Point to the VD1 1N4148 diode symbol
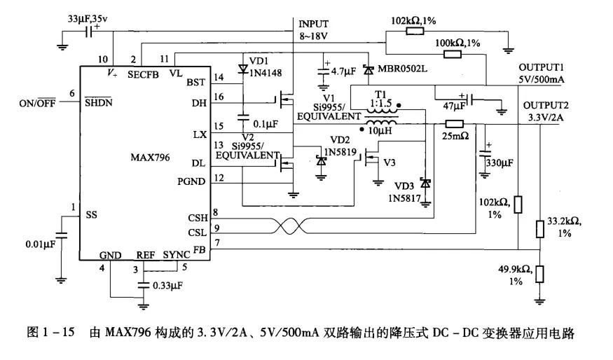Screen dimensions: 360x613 [x=244, y=69]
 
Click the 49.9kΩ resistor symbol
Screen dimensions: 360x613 [x=539, y=273]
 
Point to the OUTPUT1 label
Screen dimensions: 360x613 [x=542, y=67]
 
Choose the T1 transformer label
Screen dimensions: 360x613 [x=380, y=94]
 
